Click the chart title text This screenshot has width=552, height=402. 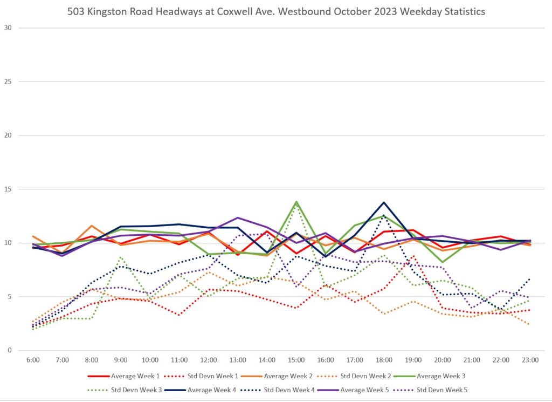coord(276,12)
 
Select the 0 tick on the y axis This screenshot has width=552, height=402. coord(9,351)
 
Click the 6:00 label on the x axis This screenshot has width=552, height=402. coord(33,360)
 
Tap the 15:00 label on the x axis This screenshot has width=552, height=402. coord(296,360)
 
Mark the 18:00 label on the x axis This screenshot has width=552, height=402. coord(384,360)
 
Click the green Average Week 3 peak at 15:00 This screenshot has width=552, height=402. coord(296,202)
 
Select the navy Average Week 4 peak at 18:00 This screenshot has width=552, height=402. coord(384,202)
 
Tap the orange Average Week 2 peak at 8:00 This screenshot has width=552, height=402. coord(92,226)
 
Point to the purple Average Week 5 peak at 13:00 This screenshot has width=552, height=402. coord(238,217)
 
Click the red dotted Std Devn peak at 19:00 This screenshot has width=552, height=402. coord(413,256)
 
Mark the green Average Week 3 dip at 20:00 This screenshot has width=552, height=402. coord(442,262)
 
